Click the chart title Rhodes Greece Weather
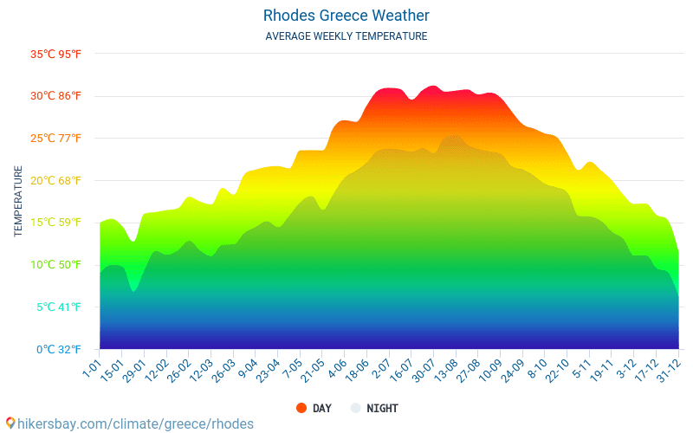(x=346, y=16)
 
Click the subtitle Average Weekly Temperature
(x=346, y=36)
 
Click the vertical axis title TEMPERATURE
(x=18, y=202)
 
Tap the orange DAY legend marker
(x=301, y=408)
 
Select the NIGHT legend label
(x=382, y=408)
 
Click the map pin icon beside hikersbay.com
(x=10, y=423)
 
